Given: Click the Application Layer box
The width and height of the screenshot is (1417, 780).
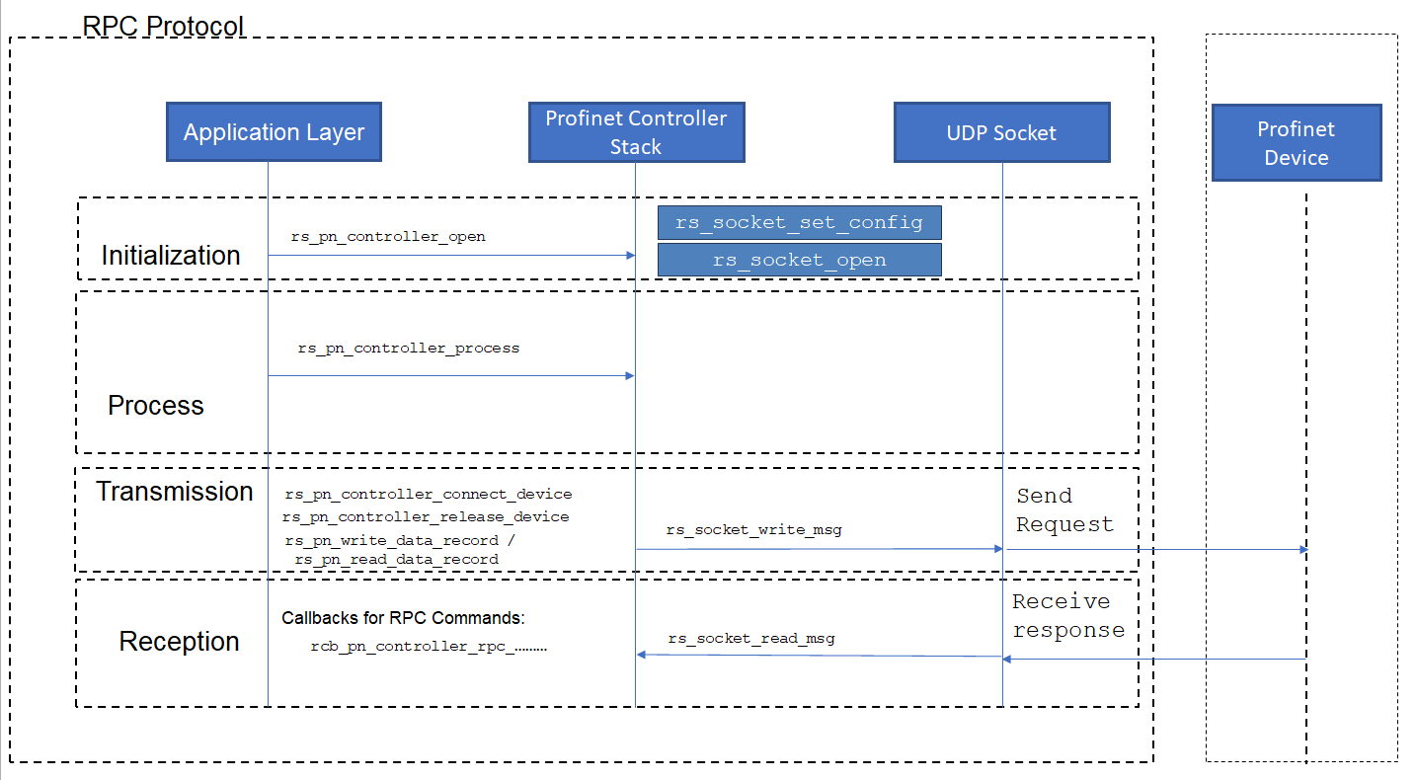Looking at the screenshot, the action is (274, 131).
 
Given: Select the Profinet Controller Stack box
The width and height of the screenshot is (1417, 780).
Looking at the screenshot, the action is (636, 132).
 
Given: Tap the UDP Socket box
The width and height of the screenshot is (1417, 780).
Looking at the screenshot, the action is (1002, 132).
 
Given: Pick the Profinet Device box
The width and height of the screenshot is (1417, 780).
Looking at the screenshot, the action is (1297, 143).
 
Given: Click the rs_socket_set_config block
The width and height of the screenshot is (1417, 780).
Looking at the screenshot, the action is (800, 223).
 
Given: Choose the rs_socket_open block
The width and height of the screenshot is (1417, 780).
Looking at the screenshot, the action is (800, 260).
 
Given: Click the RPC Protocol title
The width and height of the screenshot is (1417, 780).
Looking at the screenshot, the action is (163, 26).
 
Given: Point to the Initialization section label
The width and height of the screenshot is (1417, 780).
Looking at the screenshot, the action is (171, 256).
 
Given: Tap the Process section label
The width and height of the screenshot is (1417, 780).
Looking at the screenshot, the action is (156, 406).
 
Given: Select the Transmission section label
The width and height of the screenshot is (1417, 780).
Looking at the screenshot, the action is (174, 492).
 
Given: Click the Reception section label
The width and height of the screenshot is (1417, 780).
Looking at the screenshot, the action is (179, 642).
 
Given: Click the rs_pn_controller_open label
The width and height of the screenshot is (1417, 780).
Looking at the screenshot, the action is (388, 237).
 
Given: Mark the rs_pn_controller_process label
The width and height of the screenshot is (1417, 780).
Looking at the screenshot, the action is (409, 349).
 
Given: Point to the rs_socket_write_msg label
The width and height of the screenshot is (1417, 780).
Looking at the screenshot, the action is (754, 529).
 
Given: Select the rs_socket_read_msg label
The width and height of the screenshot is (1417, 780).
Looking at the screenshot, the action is (751, 638).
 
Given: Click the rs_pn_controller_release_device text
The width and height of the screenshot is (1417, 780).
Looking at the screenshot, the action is (426, 516).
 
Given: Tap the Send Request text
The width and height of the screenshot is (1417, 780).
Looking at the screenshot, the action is (1064, 509).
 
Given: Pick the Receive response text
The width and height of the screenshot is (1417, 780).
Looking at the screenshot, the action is (1068, 615).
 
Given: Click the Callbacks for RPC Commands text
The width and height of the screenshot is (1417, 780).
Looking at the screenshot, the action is (403, 618).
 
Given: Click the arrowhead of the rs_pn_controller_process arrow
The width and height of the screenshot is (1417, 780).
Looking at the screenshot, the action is (630, 376).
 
